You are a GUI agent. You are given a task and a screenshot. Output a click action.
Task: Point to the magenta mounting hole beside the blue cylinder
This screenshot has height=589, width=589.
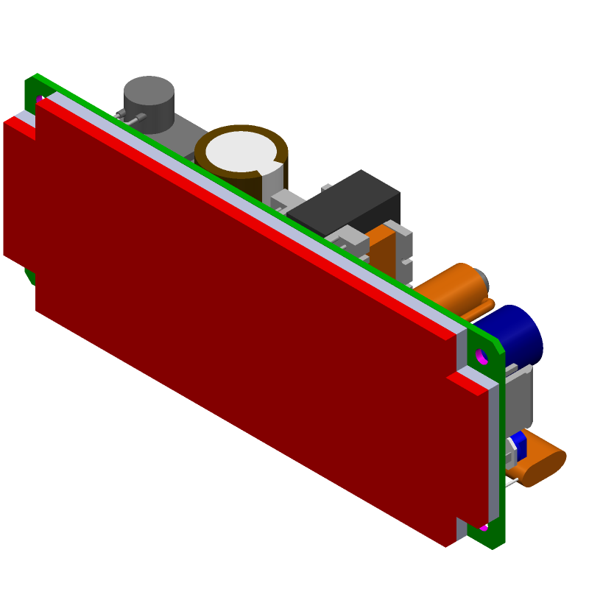482,356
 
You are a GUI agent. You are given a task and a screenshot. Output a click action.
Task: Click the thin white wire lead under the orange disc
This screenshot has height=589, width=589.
511,483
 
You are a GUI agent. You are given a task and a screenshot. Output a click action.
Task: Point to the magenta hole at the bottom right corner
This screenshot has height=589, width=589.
483,528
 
